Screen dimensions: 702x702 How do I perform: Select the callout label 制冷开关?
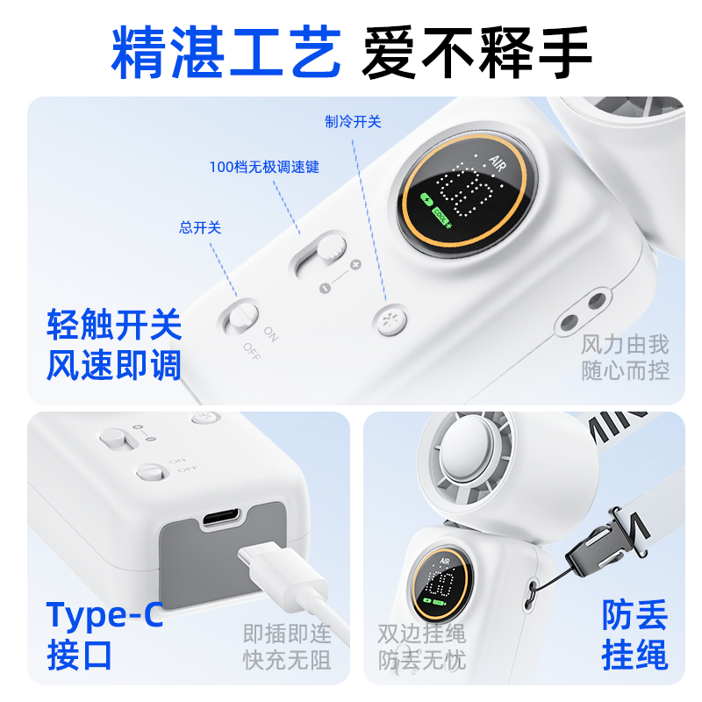tap(353, 122)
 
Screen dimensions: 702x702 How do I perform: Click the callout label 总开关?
tap(200, 227)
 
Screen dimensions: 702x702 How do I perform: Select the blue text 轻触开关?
tap(114, 326)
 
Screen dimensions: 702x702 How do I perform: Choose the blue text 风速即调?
tap(114, 364)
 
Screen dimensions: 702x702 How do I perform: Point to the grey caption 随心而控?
tap(625, 371)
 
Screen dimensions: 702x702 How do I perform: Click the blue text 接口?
tap(80, 655)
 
